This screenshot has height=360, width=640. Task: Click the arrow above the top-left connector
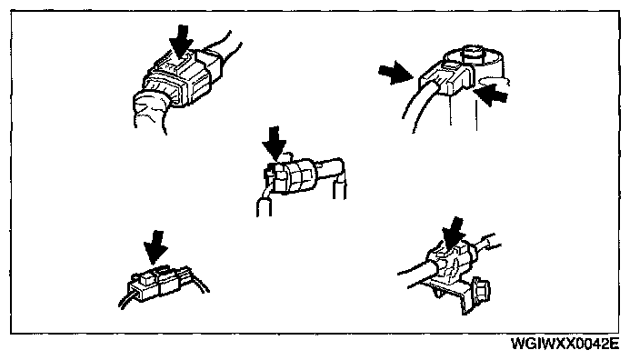click(x=181, y=42)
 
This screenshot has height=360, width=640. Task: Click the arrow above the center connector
click(x=274, y=144)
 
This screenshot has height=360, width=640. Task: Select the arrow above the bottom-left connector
click(x=155, y=247)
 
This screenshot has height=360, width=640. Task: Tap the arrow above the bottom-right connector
click(x=453, y=234)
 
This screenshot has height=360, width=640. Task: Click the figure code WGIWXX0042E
click(x=565, y=344)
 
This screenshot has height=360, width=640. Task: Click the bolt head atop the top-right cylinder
click(x=474, y=53)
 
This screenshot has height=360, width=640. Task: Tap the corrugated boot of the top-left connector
click(x=151, y=110)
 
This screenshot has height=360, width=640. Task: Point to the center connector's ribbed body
click(x=292, y=175)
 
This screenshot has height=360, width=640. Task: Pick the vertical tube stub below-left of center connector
click(x=264, y=206)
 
